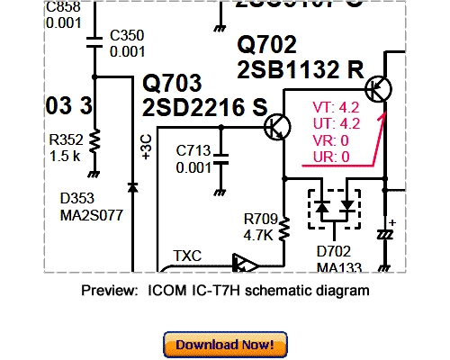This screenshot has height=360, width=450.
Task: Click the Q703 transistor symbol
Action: (278, 128)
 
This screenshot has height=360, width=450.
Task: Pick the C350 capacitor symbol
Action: (94, 40)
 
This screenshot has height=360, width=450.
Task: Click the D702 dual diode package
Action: (333, 208)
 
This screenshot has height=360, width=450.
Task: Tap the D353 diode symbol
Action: (133, 187)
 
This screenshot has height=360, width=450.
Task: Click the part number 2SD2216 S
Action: (205, 108)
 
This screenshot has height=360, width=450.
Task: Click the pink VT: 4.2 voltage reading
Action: (336, 106)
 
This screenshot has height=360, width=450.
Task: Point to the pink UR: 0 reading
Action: (331, 157)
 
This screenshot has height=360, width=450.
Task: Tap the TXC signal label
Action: (187, 255)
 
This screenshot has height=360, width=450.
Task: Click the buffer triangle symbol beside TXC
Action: (243, 264)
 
